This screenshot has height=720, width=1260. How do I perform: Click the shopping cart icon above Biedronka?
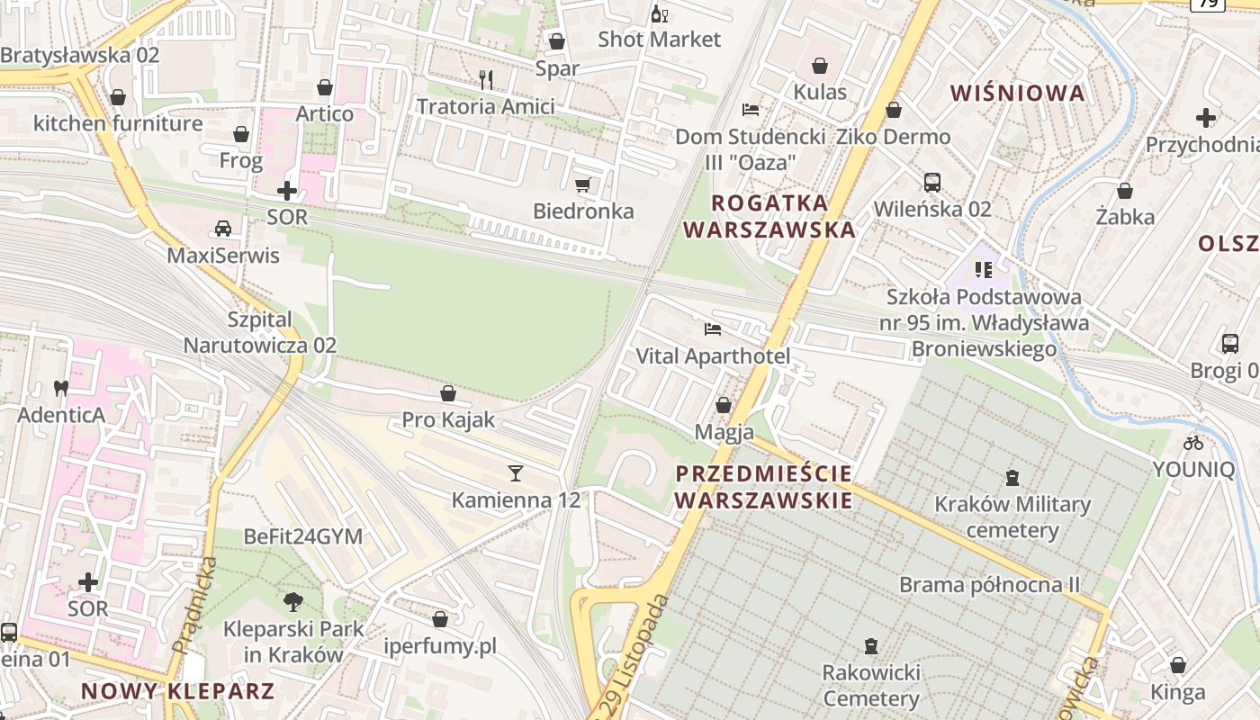pyautogui.click(x=582, y=185)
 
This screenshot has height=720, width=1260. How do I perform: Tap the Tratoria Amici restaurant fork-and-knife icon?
pyautogui.click(x=486, y=80)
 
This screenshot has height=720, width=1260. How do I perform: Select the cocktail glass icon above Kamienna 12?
pyautogui.click(x=515, y=472)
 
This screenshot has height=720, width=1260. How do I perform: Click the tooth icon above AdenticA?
pyautogui.click(x=61, y=389)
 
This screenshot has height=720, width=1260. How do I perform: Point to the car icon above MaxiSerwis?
pyautogui.click(x=223, y=229)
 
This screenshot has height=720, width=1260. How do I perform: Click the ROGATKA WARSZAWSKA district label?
pyautogui.click(x=769, y=216)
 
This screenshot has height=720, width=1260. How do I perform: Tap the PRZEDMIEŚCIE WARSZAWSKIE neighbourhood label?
pyautogui.click(x=763, y=487)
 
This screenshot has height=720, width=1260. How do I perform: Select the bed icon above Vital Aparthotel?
pyautogui.click(x=713, y=329)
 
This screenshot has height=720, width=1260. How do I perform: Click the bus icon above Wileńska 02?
pyautogui.click(x=932, y=183)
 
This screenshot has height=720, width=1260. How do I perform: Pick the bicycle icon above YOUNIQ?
pyautogui.click(x=1193, y=443)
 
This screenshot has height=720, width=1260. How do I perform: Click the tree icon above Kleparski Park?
pyautogui.click(x=292, y=601)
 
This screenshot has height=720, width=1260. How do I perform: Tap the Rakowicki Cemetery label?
pyautogui.click(x=870, y=686)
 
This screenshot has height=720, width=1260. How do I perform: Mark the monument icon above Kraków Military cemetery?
pyautogui.click(x=1012, y=477)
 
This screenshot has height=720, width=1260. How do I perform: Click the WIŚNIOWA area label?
pyautogui.click(x=1017, y=94)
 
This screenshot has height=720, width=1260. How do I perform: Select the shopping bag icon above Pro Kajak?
pyautogui.click(x=447, y=393)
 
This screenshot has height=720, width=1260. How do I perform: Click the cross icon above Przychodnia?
pyautogui.click(x=1205, y=118)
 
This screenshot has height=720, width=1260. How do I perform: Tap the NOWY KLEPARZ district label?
pyautogui.click(x=177, y=691)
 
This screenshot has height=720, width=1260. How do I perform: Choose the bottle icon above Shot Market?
pyautogui.click(x=659, y=13)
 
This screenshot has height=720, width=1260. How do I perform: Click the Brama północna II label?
pyautogui.click(x=989, y=585)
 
